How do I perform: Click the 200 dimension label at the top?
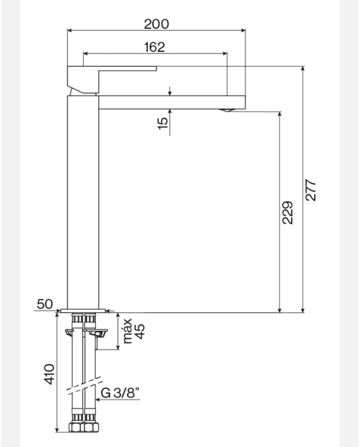[x=156, y=24]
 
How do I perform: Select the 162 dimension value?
[x=154, y=47]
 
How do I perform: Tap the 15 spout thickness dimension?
[x=163, y=123]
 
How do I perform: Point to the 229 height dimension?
[x=288, y=212]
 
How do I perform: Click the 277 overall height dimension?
[x=311, y=190]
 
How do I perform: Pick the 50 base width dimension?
[x=45, y=304]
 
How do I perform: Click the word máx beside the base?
[x=127, y=330]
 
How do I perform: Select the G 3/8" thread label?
[x=120, y=394]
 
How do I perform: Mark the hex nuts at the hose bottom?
[x=83, y=427]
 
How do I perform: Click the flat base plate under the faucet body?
[x=83, y=310]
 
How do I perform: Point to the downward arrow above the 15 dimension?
[x=170, y=91]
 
